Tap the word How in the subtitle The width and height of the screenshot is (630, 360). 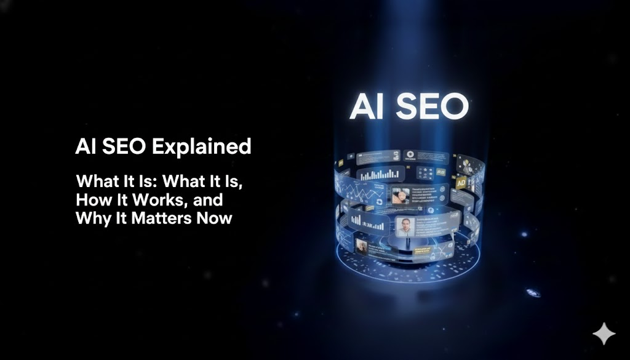pos(91,200)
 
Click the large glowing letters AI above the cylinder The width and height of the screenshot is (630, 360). pos(368,108)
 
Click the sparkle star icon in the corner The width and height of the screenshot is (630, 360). pos(604,334)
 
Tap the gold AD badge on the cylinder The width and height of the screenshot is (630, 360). pos(461,183)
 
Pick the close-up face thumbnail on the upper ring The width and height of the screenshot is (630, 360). pos(401,196)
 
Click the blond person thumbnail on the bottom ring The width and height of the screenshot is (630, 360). pos(362,247)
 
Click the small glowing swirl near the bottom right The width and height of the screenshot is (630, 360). pos(533,293)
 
